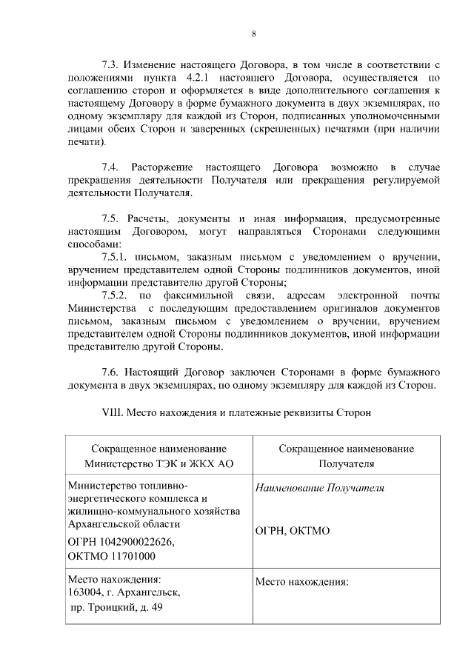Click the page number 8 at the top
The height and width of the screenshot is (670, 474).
pos(253,34)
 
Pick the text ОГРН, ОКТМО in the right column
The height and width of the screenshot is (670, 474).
pos(293,531)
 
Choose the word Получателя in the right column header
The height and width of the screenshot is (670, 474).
pos(346,463)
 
